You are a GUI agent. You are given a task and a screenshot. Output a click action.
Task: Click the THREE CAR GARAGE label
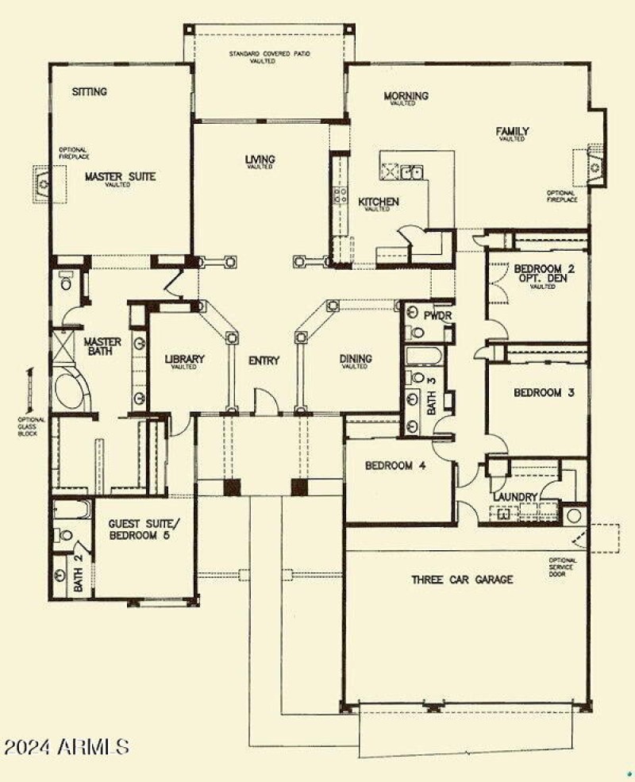[x=461, y=580]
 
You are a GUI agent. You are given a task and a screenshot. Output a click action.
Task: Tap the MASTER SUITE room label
[x=120, y=176]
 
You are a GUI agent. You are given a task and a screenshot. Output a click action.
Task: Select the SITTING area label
[x=89, y=92]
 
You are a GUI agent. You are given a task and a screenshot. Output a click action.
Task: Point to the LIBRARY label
[x=184, y=360]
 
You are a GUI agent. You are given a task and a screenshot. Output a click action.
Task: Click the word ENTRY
[x=264, y=361]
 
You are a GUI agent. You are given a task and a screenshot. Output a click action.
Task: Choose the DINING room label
[x=356, y=359]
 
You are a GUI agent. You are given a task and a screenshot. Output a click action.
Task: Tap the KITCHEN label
[x=378, y=202]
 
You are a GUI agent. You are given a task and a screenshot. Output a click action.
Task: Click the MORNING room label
[x=406, y=97]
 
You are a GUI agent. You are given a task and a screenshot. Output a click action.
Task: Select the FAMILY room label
[x=513, y=132]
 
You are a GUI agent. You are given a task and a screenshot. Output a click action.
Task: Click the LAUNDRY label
[x=516, y=498]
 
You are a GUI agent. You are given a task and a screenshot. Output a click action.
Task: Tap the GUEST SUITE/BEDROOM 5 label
[x=143, y=528]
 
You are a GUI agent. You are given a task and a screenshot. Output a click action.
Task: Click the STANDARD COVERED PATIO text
[x=269, y=56]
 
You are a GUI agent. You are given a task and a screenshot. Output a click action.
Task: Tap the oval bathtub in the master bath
[x=73, y=389]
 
